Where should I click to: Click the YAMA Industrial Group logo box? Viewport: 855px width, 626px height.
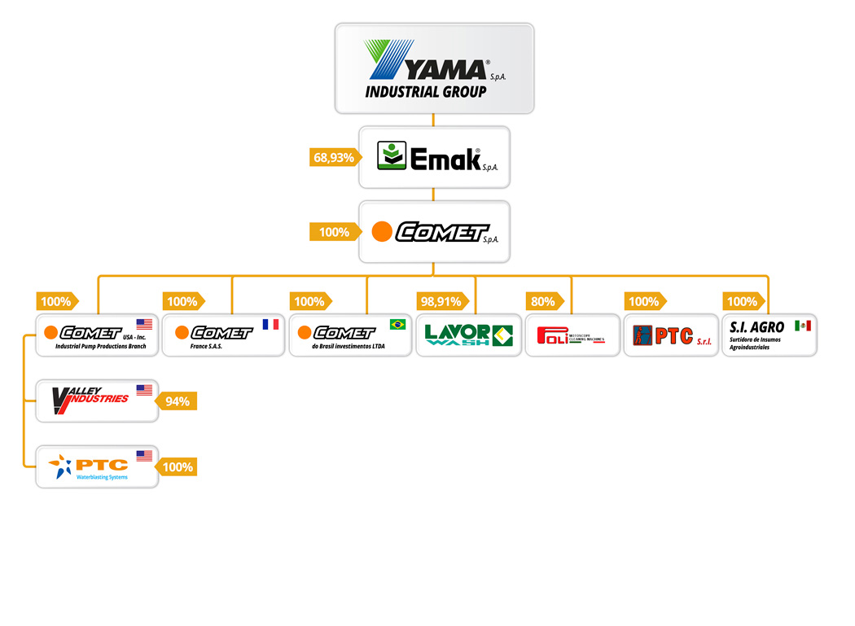pyautogui.click(x=434, y=68)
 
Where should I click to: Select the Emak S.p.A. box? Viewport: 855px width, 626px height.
pyautogui.click(x=434, y=156)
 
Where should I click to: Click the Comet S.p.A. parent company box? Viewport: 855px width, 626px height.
pyautogui.click(x=434, y=232)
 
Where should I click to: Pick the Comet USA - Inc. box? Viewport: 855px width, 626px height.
pyautogui.click(x=97, y=335)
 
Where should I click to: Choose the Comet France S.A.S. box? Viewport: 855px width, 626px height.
pyautogui.click(x=222, y=335)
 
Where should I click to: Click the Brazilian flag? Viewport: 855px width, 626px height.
pyautogui.click(x=397, y=325)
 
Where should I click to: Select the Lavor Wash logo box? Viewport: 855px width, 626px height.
pyautogui.click(x=468, y=335)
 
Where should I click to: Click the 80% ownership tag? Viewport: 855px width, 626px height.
pyautogui.click(x=543, y=302)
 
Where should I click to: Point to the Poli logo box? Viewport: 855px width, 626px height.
pyautogui.click(x=571, y=335)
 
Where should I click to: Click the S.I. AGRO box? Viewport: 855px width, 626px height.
pyautogui.click(x=769, y=335)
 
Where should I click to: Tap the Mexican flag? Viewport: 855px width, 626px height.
pyautogui.click(x=803, y=326)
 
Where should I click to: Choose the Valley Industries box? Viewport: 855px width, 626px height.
pyautogui.click(x=97, y=400)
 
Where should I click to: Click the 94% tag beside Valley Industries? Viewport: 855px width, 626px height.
pyautogui.click(x=178, y=401)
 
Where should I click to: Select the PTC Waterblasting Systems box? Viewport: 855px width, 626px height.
pyautogui.click(x=97, y=466)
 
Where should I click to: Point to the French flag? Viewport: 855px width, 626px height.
pyautogui.click(x=270, y=325)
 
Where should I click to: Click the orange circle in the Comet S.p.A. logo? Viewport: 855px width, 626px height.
pyautogui.click(x=382, y=232)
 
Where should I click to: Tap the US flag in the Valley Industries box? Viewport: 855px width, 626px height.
pyautogui.click(x=144, y=391)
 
